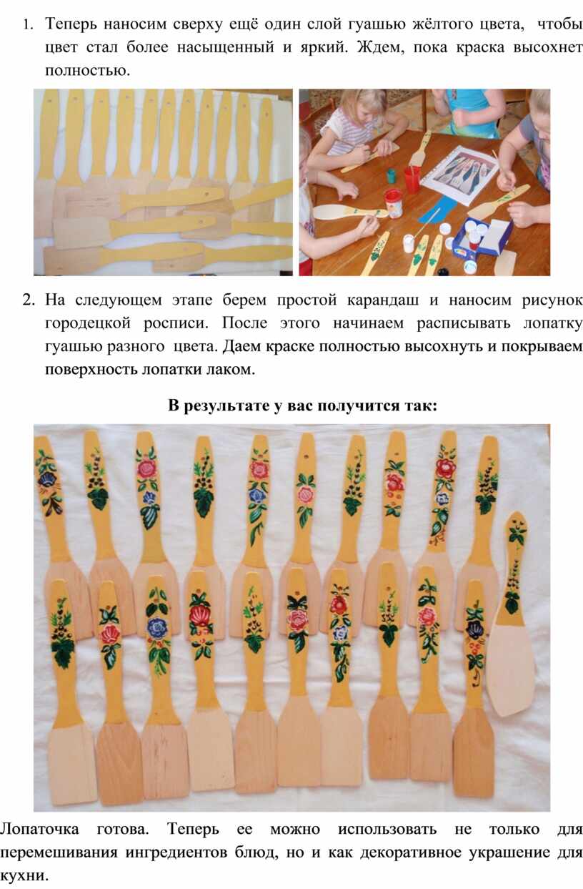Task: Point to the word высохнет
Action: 548,47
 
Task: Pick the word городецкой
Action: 88,323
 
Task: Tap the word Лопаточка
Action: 39,829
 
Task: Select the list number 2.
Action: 28,300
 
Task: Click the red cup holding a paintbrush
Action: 412,179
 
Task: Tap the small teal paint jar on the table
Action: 392,175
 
